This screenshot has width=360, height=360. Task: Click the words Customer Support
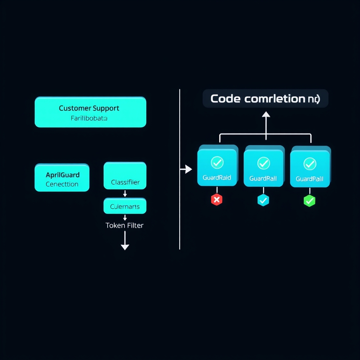click(89, 108)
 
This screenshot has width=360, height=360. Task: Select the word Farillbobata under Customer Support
click(89, 118)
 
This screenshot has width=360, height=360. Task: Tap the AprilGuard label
click(63, 175)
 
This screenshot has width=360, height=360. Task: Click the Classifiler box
click(125, 176)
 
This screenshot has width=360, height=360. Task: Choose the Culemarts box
click(125, 206)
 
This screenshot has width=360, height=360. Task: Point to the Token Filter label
click(124, 225)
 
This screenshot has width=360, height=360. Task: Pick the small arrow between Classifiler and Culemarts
click(125, 194)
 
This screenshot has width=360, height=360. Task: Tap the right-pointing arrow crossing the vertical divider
click(186, 169)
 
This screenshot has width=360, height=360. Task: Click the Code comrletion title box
click(265, 98)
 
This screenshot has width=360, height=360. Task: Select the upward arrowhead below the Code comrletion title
click(266, 114)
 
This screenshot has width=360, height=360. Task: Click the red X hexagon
click(217, 200)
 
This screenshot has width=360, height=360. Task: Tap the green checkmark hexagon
click(309, 201)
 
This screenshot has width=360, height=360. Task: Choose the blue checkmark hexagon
click(263, 200)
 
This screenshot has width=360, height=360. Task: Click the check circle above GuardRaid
click(217, 162)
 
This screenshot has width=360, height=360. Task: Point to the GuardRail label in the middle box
click(263, 179)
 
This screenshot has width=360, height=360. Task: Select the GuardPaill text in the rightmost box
click(309, 179)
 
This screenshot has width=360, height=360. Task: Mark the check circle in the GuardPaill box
click(309, 163)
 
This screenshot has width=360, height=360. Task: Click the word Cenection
click(62, 184)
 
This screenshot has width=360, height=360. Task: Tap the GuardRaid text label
click(217, 178)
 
